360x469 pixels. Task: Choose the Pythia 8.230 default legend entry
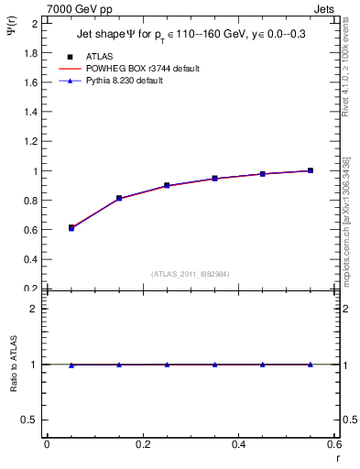point(124,81)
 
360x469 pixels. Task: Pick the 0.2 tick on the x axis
point(143,445)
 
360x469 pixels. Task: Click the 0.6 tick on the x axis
point(334,445)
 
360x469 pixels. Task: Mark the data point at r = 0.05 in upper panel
point(71,227)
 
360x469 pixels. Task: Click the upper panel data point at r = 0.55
point(311,170)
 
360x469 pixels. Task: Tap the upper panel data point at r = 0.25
point(167,185)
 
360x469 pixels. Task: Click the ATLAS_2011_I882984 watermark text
point(190,273)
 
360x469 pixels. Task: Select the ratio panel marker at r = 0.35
point(214,365)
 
